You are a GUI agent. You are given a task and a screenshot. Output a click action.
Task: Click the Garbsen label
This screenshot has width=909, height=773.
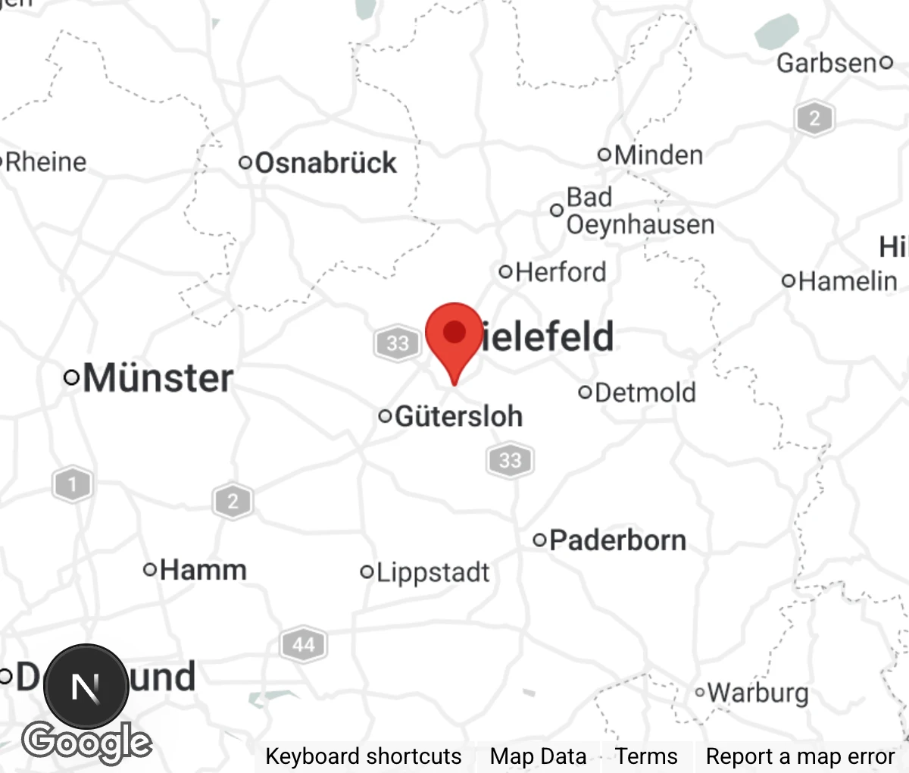(x=826, y=63)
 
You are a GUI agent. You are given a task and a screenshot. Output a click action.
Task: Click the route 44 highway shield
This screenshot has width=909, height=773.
(x=303, y=645)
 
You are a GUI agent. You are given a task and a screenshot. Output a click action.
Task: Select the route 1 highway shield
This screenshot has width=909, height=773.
(x=73, y=484)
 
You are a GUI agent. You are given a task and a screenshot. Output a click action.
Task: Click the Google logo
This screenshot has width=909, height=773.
(x=86, y=742)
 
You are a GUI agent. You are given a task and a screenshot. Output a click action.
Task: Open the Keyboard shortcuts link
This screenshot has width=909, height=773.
(x=363, y=756)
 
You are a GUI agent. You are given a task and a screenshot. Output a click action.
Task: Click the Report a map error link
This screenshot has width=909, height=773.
(x=800, y=756)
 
